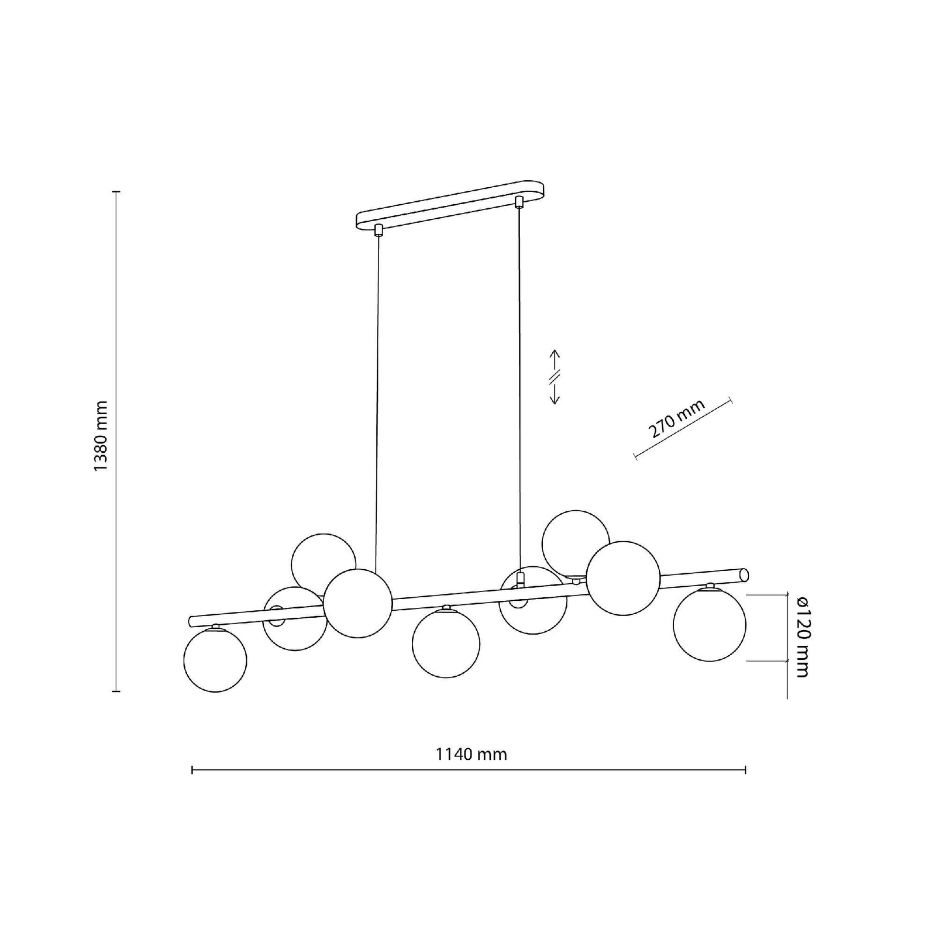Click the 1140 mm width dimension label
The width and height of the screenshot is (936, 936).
471,754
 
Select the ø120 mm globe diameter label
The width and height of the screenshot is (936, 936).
801,636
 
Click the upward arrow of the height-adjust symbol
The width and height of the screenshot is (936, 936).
555,360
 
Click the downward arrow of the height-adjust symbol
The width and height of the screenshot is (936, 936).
555,393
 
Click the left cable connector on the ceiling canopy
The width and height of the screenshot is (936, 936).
378,229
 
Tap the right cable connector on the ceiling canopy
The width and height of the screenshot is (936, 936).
518,202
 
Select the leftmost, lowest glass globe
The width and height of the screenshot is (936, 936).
215,659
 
